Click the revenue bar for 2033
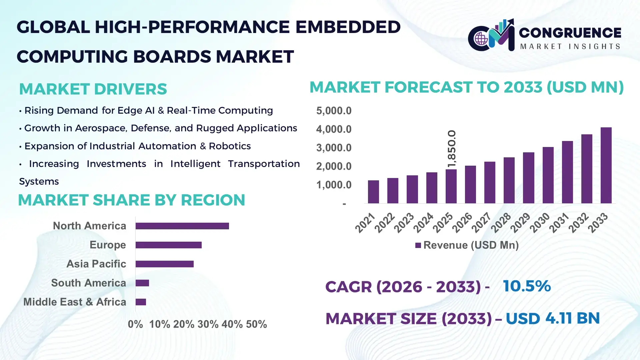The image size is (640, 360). (x=606, y=165)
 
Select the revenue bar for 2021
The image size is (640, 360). (x=373, y=192)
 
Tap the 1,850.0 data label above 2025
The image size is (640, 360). (x=452, y=149)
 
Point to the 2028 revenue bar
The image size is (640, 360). (x=509, y=180)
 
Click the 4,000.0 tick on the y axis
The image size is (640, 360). (x=334, y=129)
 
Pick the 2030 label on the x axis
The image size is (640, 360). (x=540, y=223)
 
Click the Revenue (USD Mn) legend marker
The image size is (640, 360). (x=418, y=245)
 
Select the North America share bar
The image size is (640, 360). (x=182, y=226)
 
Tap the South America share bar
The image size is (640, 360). (x=142, y=283)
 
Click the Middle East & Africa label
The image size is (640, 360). (x=75, y=302)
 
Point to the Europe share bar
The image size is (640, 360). (x=168, y=245)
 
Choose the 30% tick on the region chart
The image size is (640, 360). (x=208, y=324)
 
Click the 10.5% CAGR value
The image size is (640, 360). (x=527, y=286)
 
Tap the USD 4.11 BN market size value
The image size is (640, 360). (x=553, y=318)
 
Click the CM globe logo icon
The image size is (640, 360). (x=481, y=39)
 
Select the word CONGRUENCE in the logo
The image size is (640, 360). (x=570, y=33)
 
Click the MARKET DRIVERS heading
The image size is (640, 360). (x=93, y=89)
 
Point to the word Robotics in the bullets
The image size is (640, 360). (x=230, y=146)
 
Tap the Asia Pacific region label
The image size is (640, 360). (x=96, y=264)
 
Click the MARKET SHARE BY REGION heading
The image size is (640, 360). (x=131, y=200)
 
